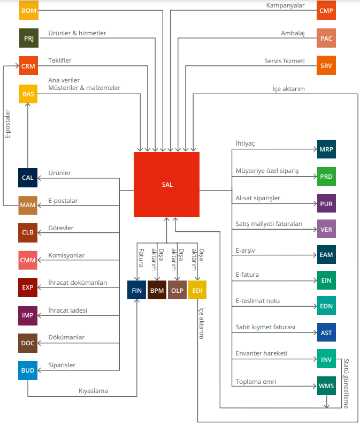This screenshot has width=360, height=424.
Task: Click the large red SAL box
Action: [166, 184]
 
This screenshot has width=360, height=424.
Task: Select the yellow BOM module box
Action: [29, 10]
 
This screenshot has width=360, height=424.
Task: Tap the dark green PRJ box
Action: [29, 38]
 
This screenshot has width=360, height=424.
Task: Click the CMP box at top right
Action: [326, 10]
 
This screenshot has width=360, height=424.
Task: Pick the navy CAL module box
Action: [28, 178]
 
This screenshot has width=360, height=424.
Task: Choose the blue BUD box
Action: [28, 370]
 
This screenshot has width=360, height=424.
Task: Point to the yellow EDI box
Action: [197, 290]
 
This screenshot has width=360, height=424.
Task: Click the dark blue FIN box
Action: [137, 290]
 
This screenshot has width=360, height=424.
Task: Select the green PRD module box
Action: [326, 176]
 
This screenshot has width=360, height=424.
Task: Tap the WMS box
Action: [326, 385]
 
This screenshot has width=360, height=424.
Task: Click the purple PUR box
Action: [326, 203]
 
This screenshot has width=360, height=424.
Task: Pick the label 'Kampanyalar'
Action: [286, 5]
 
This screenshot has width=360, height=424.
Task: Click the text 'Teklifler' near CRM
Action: [60, 60]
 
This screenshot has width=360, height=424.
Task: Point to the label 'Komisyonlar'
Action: [66, 255]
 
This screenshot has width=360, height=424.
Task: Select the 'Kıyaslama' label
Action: [93, 391]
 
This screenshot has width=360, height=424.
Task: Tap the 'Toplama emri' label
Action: [256, 382]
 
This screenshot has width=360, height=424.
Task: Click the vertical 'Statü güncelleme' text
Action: [346, 383]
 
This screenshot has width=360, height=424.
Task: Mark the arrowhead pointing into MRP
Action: [315, 149]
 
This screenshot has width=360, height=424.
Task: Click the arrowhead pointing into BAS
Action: [28, 105]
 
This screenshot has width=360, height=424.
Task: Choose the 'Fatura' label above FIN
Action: [141, 258]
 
